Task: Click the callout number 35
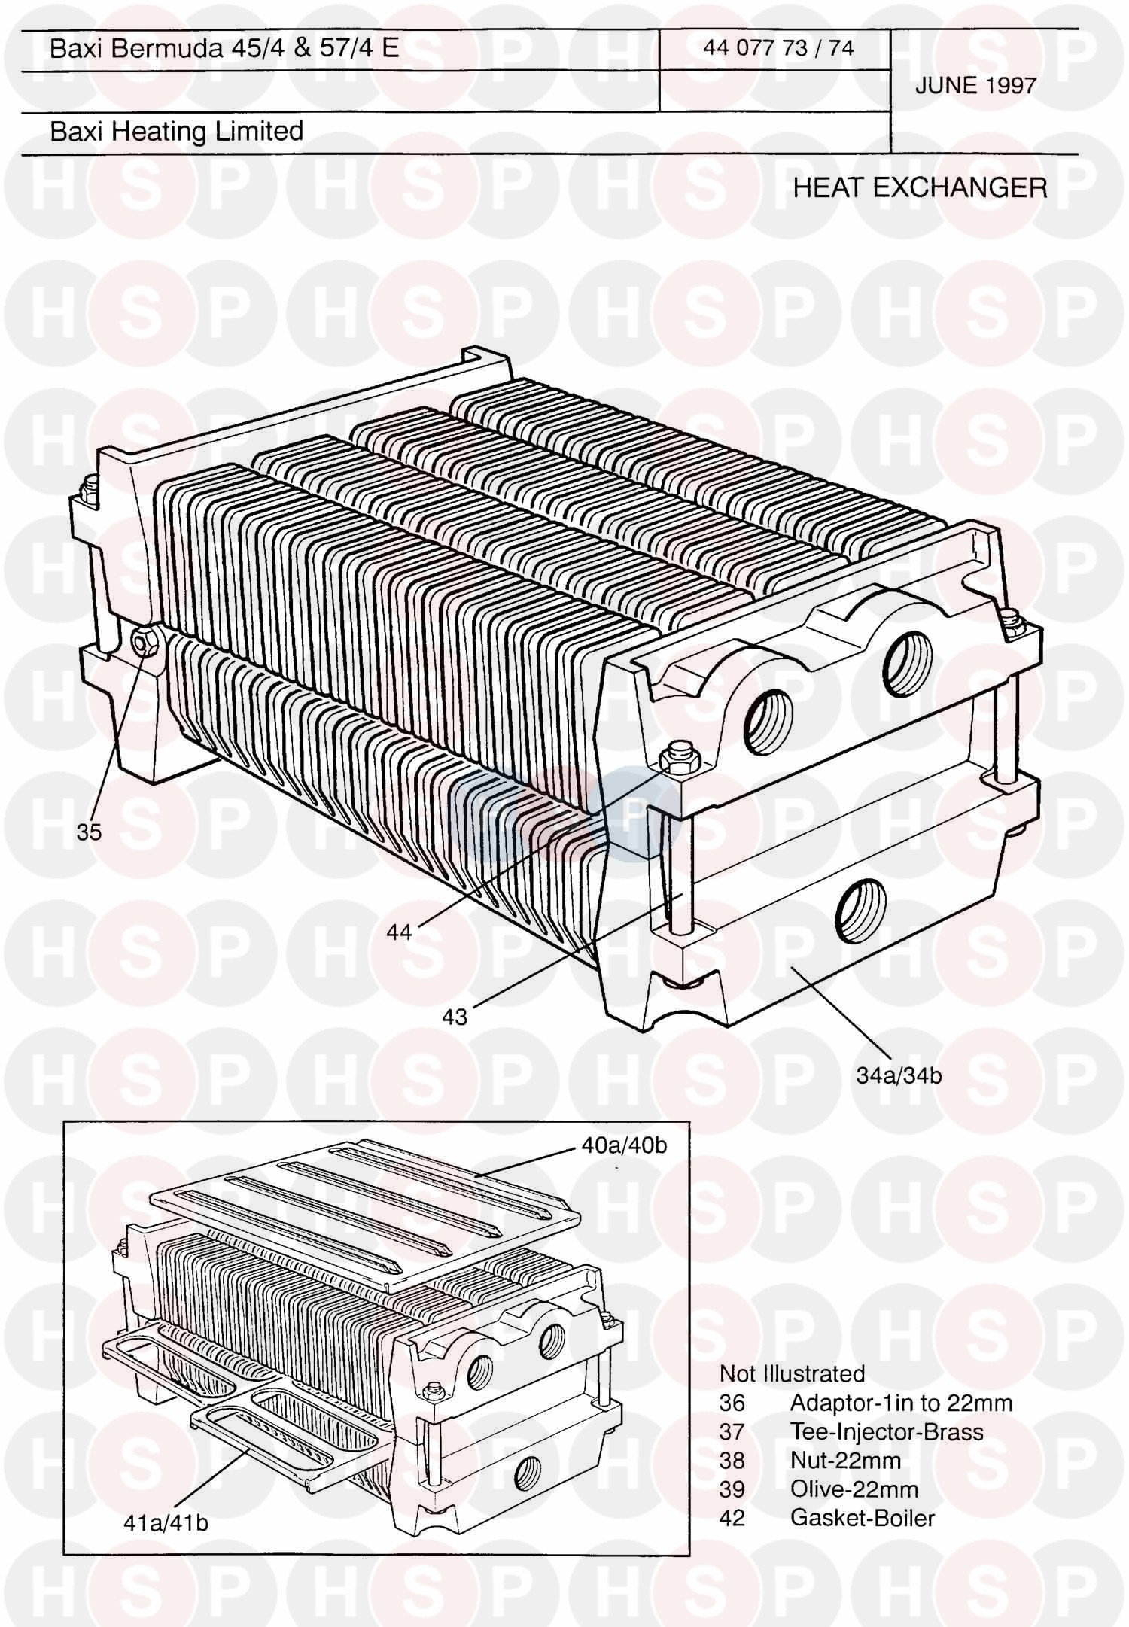pos(89,832)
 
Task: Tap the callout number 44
pos(399,932)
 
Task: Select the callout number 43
pos(455,1017)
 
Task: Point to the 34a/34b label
pos(899,1075)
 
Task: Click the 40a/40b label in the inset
pos(624,1145)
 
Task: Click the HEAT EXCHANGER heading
pos(920,187)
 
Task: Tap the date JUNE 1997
pos(975,86)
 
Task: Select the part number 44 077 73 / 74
pos(778,48)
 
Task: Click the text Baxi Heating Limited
pos(177,132)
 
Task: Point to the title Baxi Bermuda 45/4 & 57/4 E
pos(224,48)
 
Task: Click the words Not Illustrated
pos(792,1374)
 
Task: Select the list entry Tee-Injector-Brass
pos(887,1431)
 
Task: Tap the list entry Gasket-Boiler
pos(863,1518)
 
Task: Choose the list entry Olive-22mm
pos(854,1489)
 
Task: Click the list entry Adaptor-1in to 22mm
pos(901,1403)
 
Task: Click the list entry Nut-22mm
pos(845,1461)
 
